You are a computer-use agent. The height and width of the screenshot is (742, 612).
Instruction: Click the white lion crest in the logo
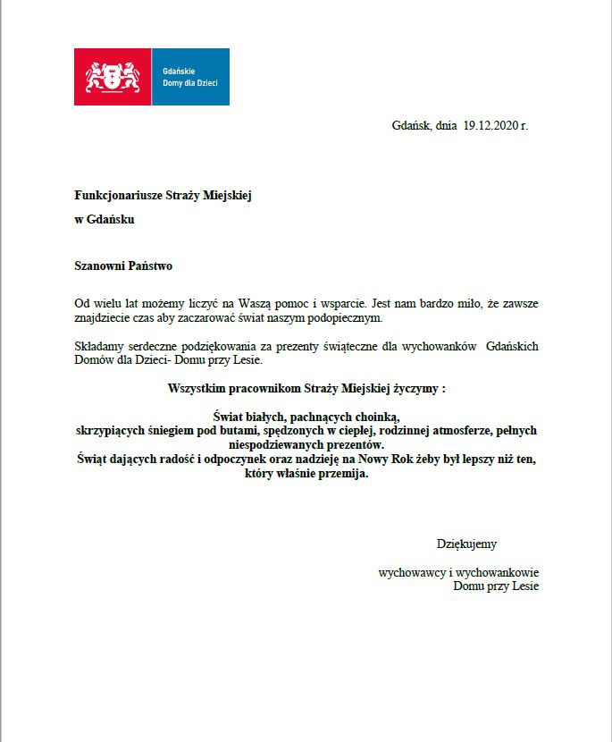coord(113,77)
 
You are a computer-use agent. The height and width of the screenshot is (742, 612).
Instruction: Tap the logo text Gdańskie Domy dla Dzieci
coord(189,77)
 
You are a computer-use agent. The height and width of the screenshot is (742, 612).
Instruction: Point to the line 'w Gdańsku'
coord(105,219)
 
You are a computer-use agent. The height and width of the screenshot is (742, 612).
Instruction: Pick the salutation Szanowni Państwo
coord(123,266)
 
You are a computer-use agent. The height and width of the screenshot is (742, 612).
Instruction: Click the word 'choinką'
coord(380,417)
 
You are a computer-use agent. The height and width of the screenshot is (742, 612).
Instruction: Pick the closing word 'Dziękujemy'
coord(466,544)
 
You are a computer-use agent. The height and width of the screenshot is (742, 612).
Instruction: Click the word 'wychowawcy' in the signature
coord(412,573)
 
